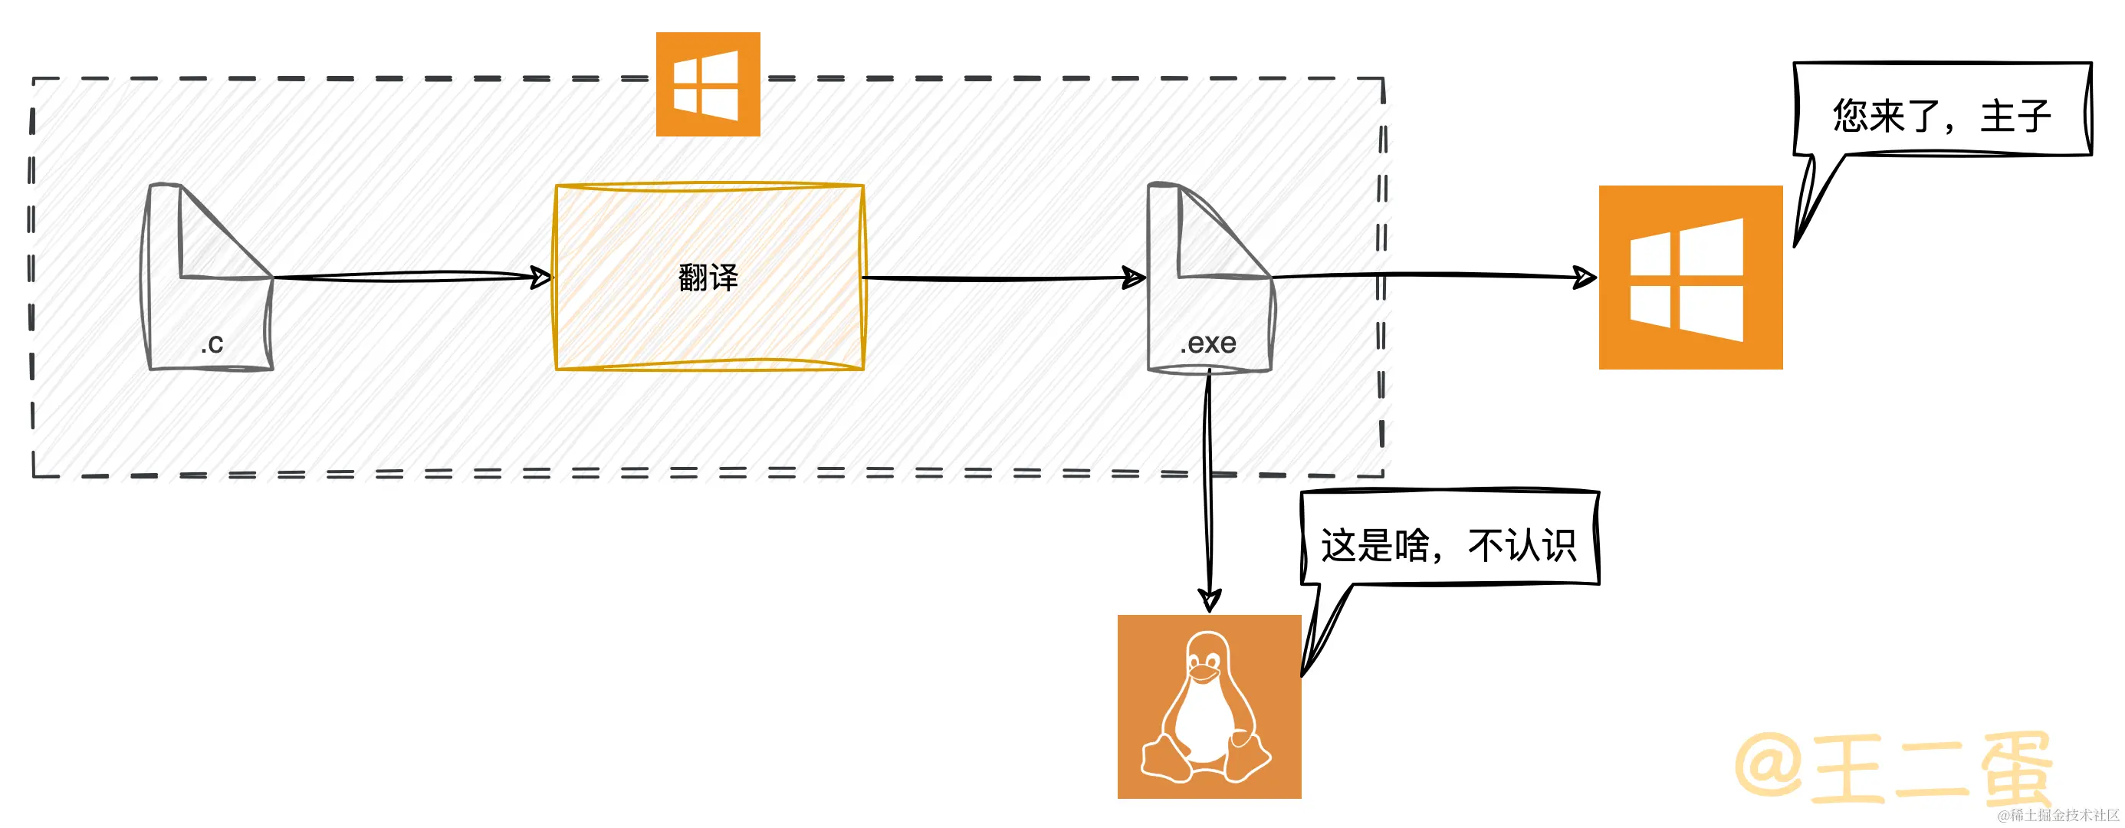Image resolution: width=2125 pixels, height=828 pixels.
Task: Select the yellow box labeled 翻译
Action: pos(708,277)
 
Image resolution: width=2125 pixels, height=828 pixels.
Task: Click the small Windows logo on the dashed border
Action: pos(707,84)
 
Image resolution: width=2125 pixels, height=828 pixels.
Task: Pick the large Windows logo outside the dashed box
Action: pos(1690,277)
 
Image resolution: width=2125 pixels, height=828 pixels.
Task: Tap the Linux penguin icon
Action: pos(1208,706)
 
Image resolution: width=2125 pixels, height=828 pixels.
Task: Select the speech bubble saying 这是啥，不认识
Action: pos(1449,540)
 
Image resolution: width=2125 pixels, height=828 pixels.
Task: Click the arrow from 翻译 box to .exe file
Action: pos(1002,278)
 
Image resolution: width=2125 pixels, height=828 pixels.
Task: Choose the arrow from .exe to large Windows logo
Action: pos(1435,275)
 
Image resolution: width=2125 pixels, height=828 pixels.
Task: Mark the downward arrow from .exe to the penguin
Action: pos(1208,495)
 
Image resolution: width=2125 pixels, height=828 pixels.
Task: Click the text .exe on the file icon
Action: pos(1207,343)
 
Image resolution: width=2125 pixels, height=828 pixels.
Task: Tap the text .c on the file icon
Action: pos(212,343)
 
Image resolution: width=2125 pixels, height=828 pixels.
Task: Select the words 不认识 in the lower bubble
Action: pos(1522,545)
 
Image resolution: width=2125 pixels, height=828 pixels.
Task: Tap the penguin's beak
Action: pos(1204,675)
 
